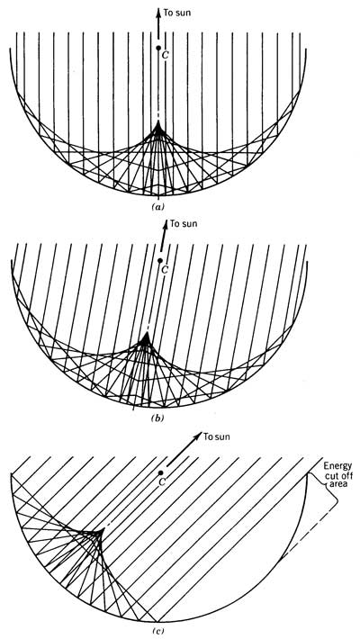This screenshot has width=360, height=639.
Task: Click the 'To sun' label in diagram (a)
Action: point(177,13)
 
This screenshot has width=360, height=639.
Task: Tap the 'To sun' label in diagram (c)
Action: point(217,437)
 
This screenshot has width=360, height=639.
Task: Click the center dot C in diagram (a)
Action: point(158,48)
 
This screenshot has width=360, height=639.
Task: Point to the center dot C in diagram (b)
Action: point(160,260)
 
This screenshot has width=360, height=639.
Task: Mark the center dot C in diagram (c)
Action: point(161,472)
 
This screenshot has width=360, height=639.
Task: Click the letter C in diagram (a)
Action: point(165,56)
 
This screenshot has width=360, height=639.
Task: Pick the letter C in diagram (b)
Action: point(166,269)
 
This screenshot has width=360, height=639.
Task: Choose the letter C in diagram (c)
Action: point(162,482)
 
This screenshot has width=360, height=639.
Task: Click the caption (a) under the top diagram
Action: point(157,207)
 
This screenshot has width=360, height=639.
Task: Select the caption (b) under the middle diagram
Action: point(158,418)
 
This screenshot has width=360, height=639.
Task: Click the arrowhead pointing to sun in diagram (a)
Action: point(158,12)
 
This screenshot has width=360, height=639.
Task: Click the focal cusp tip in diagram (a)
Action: point(158,121)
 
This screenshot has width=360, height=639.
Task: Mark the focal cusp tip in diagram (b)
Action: point(146,334)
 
